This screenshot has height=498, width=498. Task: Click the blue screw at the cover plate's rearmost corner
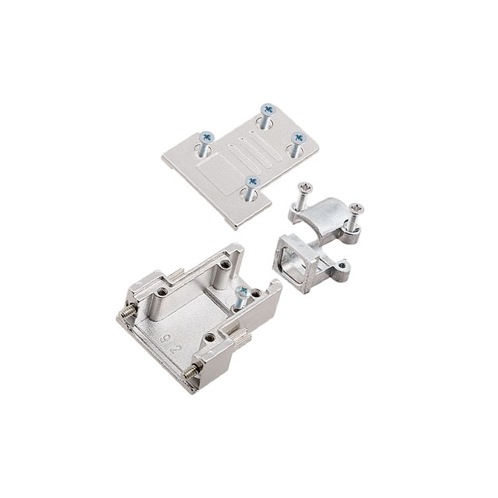[268, 110]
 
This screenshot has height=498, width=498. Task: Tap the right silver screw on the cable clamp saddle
[356, 209]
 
